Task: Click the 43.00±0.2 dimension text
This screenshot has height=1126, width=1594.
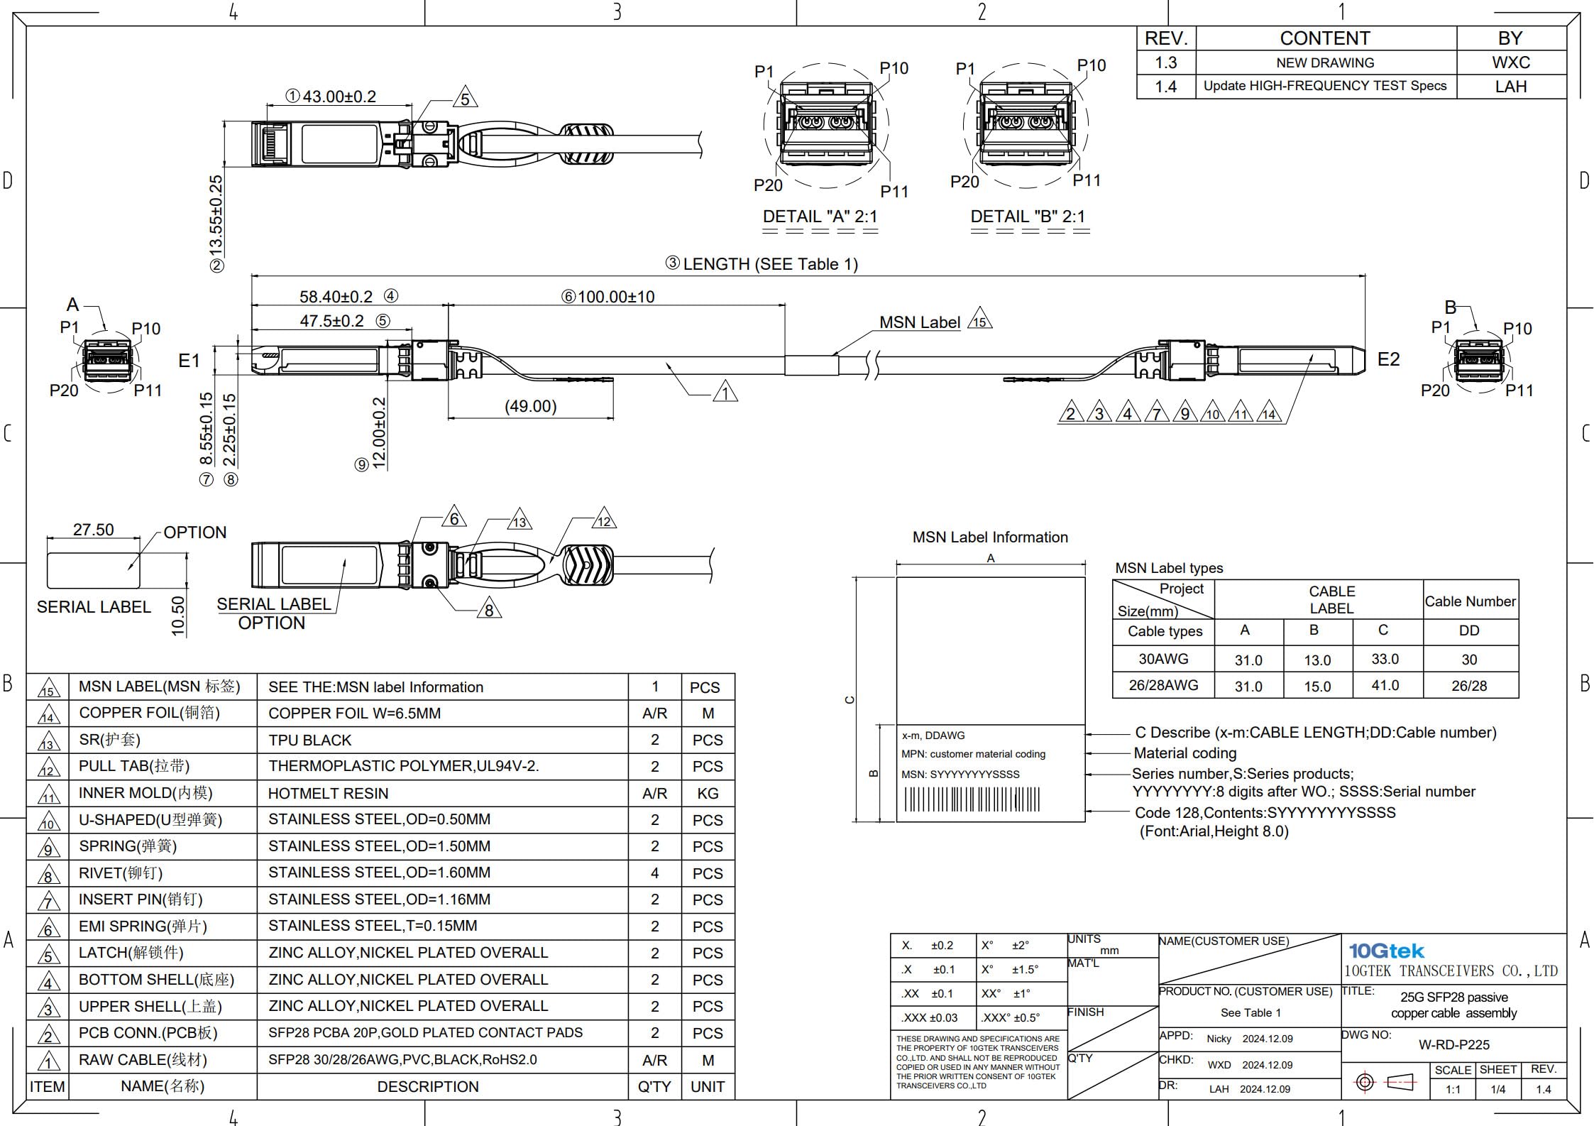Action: (x=339, y=97)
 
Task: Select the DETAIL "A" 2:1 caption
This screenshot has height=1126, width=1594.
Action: (x=820, y=217)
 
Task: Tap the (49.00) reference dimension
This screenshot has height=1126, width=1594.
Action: (x=530, y=406)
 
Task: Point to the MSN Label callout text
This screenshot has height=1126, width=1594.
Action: (x=919, y=322)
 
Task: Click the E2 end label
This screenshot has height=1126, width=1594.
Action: (x=1388, y=359)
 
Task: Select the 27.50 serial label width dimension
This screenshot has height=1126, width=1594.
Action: (x=93, y=530)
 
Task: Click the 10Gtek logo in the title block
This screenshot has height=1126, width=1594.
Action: (x=1385, y=951)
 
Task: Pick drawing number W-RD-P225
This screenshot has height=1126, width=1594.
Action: (x=1453, y=1044)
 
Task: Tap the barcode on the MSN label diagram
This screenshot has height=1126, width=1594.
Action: (x=972, y=799)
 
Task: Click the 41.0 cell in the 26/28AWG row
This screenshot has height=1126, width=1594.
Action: (x=1385, y=686)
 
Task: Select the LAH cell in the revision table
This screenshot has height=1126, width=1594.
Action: (x=1510, y=87)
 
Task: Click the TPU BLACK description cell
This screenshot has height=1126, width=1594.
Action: (x=310, y=740)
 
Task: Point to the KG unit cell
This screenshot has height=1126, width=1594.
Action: (x=707, y=793)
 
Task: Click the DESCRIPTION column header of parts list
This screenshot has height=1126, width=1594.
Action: (x=427, y=1086)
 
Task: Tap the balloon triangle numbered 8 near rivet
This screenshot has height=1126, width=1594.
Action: (x=489, y=610)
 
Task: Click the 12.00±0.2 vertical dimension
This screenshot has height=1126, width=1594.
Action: (x=380, y=433)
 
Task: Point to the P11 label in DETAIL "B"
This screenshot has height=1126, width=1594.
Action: (x=1086, y=180)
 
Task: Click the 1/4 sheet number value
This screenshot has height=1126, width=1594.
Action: (x=1497, y=1089)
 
